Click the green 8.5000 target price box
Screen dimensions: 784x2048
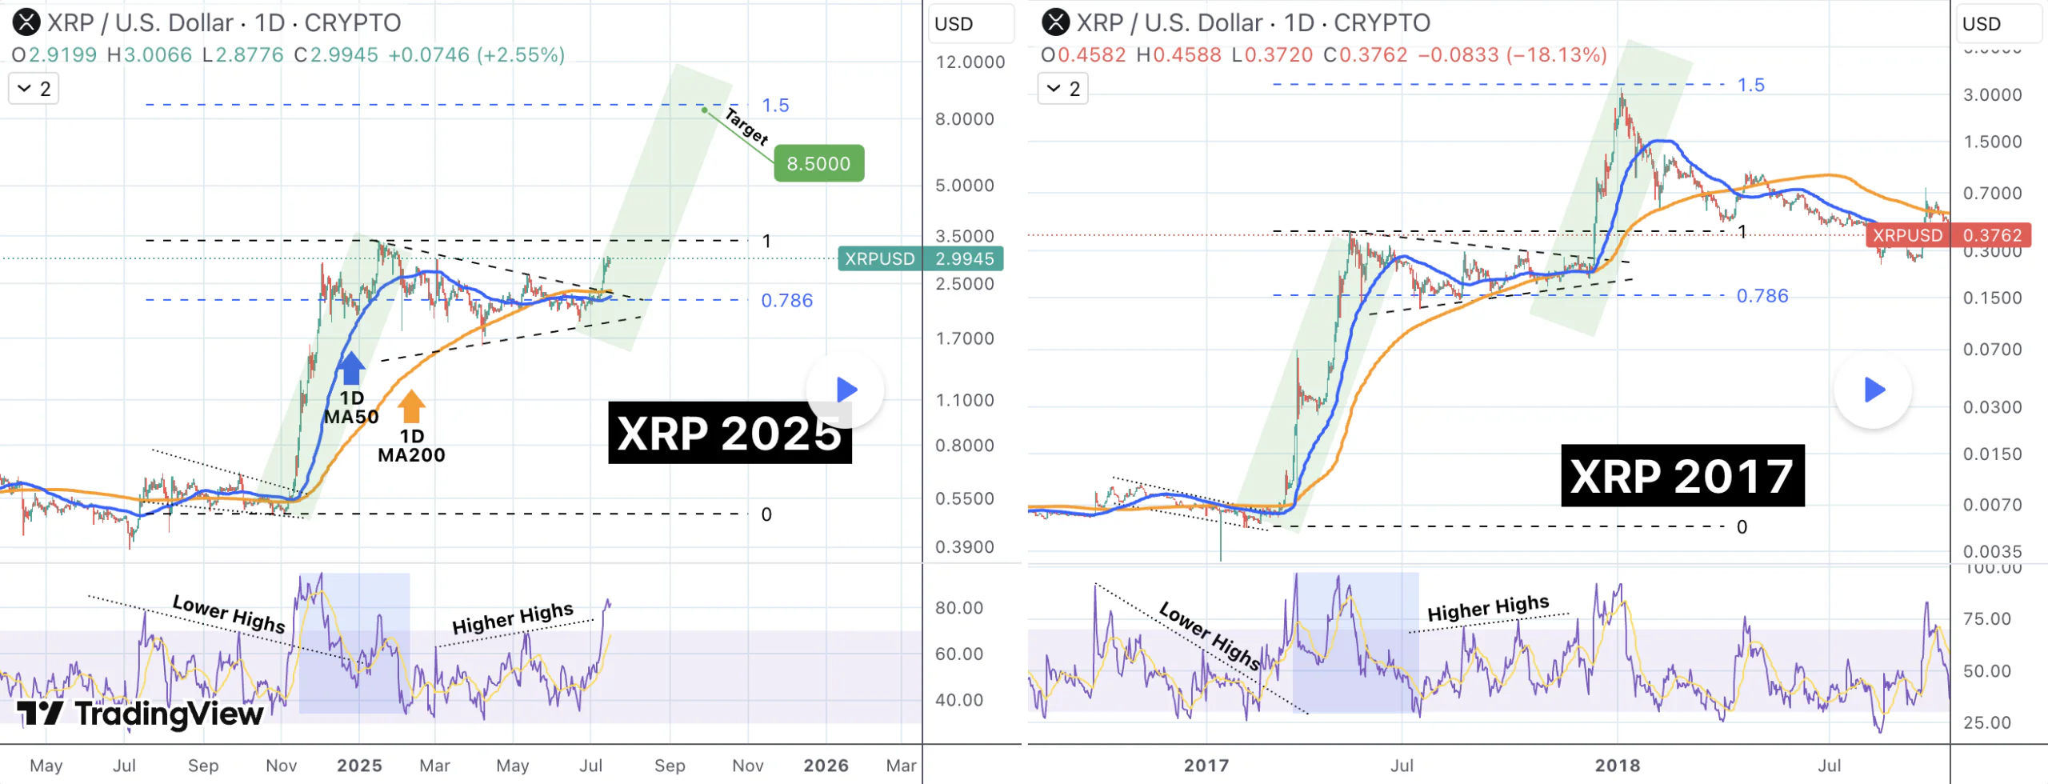[x=818, y=163]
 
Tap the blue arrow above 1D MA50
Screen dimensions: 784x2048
[x=350, y=368]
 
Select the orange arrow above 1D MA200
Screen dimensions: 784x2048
[x=411, y=406]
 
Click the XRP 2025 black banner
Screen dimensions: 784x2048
[x=729, y=433]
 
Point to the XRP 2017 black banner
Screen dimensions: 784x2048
[x=1682, y=476]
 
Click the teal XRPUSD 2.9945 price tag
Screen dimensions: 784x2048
[x=920, y=258]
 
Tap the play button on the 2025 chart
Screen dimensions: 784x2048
[x=846, y=390]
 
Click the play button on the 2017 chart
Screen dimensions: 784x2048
[x=1874, y=390]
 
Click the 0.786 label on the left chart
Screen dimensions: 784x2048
[x=786, y=301]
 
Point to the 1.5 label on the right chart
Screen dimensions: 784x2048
[x=1750, y=85]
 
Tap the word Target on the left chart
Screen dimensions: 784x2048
[x=746, y=126]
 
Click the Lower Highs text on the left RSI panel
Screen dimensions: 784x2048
[x=229, y=614]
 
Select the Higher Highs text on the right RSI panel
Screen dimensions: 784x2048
[x=1488, y=609]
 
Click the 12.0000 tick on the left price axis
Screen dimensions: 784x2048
[x=970, y=62]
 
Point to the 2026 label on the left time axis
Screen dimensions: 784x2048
[x=826, y=766]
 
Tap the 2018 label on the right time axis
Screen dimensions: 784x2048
[x=1617, y=766]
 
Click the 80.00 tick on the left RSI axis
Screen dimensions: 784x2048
[x=958, y=608]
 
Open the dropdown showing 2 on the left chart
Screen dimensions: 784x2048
[x=34, y=89]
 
